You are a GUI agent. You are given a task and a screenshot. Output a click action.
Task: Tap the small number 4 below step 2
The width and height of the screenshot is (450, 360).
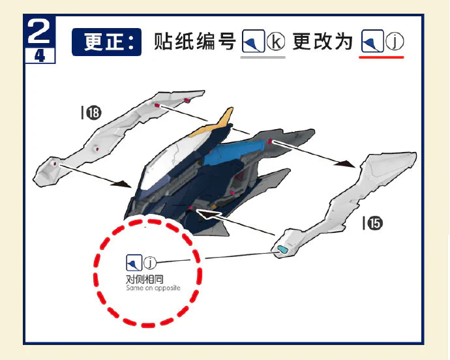tap(40, 55)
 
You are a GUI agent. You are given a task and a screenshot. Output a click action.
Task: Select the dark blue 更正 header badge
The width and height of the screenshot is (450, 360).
tap(106, 42)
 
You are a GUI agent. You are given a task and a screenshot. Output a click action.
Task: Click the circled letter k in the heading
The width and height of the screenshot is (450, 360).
tap(276, 42)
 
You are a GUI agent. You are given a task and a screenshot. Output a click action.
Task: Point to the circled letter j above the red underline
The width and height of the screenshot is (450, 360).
tap(395, 41)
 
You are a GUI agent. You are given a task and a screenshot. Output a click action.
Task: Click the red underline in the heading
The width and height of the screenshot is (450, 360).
tap(381, 57)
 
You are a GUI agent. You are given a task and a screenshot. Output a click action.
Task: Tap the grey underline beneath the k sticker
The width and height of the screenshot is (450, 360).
tap(263, 57)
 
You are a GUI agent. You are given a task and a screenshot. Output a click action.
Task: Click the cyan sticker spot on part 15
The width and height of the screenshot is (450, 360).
tap(282, 249)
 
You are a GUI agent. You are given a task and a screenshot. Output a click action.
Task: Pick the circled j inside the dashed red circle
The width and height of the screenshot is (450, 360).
tap(150, 262)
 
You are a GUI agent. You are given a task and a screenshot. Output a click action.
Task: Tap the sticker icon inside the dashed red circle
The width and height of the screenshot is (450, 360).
tap(134, 263)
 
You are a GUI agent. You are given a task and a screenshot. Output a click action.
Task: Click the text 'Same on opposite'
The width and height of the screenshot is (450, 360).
tap(153, 288)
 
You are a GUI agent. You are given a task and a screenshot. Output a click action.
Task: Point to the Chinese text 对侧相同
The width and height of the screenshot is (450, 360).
tap(145, 279)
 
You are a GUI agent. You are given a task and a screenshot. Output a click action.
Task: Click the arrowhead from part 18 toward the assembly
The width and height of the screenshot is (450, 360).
tap(122, 185)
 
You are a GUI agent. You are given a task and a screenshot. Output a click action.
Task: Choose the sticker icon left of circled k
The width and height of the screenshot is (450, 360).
tap(253, 41)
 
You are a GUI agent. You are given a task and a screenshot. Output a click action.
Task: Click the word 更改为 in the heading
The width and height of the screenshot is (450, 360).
tap(323, 42)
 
